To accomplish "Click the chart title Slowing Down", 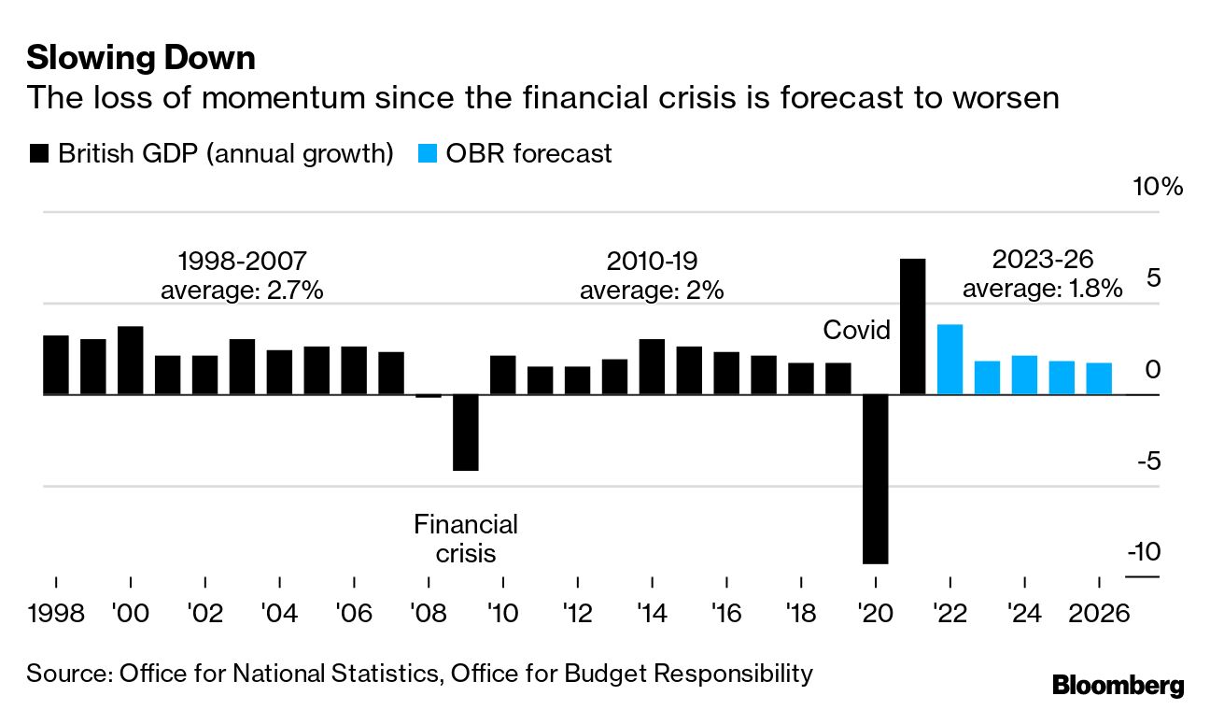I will (141, 59).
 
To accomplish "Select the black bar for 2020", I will (875, 478).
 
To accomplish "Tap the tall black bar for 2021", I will (912, 327).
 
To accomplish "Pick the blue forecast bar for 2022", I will (950, 360).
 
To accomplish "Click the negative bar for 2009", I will (465, 433).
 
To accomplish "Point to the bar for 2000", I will (131, 361).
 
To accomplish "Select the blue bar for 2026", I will (1099, 378).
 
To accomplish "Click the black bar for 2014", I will (652, 366).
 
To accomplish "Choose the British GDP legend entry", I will (211, 153).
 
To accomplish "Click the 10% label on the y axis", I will (1158, 187).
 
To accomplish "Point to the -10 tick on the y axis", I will (1145, 552).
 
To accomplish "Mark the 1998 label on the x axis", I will (56, 614).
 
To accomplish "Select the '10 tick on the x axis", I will (502, 614).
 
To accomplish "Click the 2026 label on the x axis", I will (1098, 614).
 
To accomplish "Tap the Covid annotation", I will (856, 330).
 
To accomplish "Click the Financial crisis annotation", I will (465, 538).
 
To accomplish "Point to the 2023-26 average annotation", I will (1042, 274).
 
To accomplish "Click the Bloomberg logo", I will (1118, 686).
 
